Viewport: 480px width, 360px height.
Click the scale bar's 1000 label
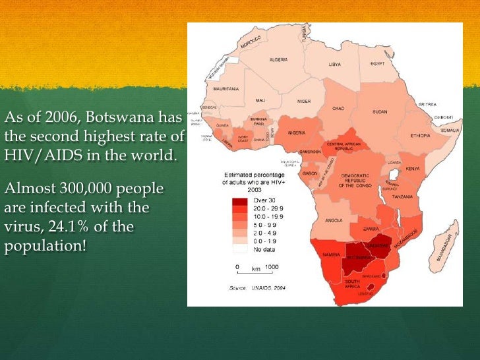[x=272, y=268]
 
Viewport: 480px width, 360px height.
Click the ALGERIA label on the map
[x=278, y=59]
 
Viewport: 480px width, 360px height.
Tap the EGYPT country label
[x=376, y=64]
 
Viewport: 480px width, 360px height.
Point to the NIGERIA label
[x=296, y=133]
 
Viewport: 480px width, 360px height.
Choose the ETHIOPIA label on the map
[x=419, y=135]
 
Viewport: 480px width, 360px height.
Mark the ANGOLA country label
[x=334, y=220]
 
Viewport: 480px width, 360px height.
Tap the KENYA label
[x=413, y=168]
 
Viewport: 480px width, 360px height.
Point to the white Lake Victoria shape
[x=395, y=174]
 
